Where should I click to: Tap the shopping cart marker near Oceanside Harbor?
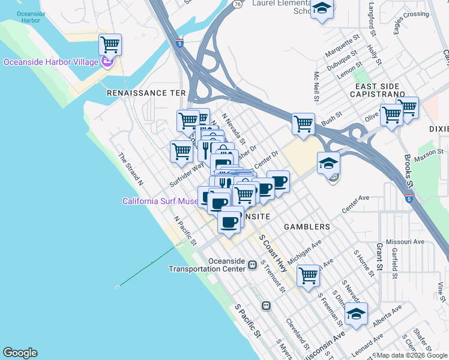coord(110,45)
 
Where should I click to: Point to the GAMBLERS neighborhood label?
coord(307,227)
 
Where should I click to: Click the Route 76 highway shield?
coord(238,4)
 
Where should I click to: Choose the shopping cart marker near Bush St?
coord(304,124)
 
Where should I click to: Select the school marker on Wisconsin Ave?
coord(356,314)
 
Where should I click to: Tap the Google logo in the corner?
coord(20,353)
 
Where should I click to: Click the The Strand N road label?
coord(131,169)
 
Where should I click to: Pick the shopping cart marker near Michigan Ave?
coord(308,276)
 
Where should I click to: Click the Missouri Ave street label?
coord(405,241)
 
